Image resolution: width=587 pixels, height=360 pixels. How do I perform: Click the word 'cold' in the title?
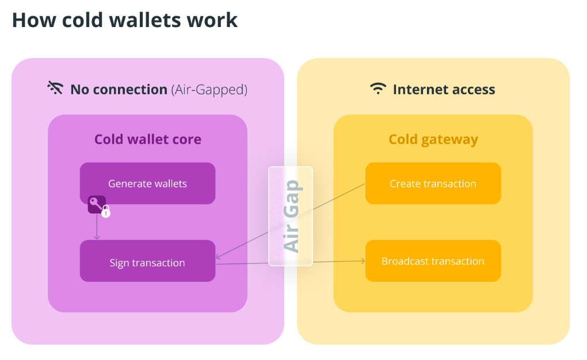(x=82, y=20)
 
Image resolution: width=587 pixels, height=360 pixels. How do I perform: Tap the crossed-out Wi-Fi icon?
(x=55, y=88)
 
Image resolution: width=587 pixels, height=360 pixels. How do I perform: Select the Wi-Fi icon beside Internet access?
(x=378, y=89)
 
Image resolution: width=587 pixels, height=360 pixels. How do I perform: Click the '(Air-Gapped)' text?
(x=209, y=90)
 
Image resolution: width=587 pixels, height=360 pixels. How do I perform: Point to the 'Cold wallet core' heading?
(x=148, y=139)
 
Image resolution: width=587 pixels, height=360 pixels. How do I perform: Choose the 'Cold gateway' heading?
(x=433, y=140)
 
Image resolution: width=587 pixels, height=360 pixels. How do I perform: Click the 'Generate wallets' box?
(x=147, y=183)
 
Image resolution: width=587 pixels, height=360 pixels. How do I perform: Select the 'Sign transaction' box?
(x=147, y=261)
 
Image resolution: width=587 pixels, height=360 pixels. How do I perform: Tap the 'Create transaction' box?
(x=433, y=183)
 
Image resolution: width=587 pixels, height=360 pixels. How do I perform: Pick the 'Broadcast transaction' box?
(x=433, y=261)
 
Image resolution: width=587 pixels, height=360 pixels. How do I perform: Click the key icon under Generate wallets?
(x=96, y=204)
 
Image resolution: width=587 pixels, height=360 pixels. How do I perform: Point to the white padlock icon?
(x=106, y=212)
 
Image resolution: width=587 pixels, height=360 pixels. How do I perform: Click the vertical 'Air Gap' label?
(x=291, y=216)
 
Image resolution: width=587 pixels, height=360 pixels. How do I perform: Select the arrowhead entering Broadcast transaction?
(x=363, y=261)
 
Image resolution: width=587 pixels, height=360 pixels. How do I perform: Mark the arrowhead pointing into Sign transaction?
(x=218, y=256)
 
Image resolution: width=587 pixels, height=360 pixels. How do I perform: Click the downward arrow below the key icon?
(x=97, y=227)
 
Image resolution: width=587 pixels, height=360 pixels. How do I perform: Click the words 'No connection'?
(x=119, y=90)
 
